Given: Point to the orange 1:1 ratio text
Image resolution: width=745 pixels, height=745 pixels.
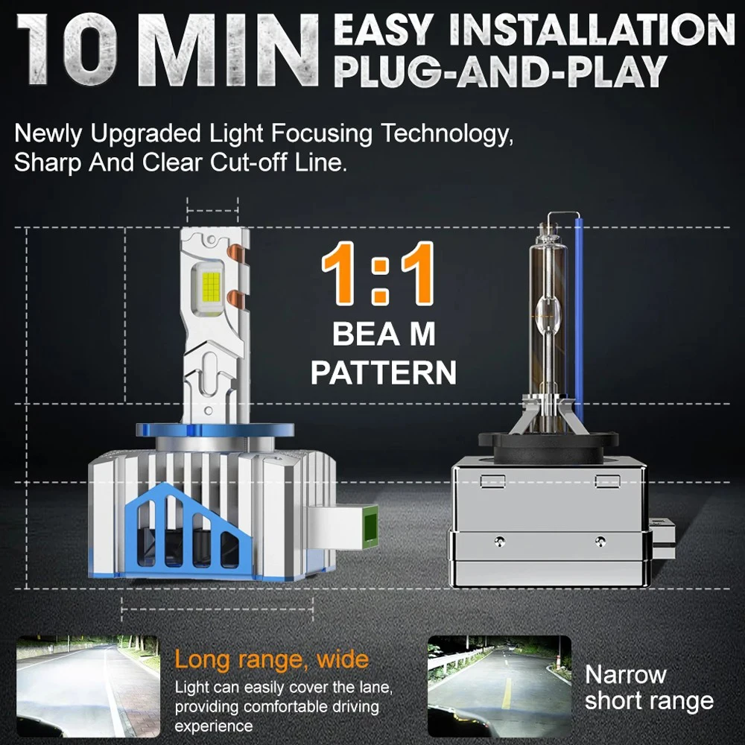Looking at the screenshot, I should (x=378, y=277).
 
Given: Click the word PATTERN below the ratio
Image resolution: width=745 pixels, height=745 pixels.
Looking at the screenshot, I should (x=383, y=372).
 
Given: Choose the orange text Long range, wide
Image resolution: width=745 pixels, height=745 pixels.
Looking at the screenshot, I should (x=271, y=659).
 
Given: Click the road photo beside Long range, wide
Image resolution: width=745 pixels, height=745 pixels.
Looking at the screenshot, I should (x=88, y=685).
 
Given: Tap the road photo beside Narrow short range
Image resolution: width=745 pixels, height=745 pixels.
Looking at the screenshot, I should (x=499, y=685).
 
